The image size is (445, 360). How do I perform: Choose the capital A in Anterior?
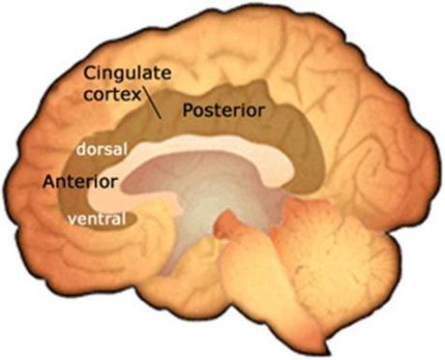point(49,181)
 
